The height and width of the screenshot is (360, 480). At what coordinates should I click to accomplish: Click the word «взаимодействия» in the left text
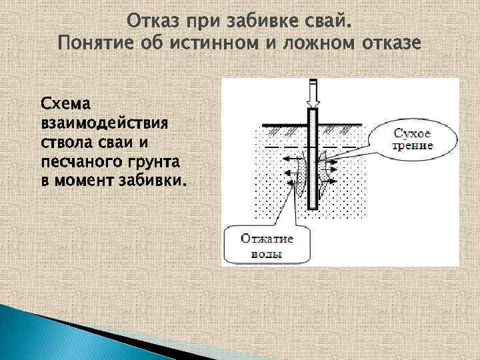point(105,124)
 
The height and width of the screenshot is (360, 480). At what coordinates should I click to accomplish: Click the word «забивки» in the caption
point(153,181)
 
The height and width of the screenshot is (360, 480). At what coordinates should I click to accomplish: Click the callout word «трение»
point(413,146)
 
